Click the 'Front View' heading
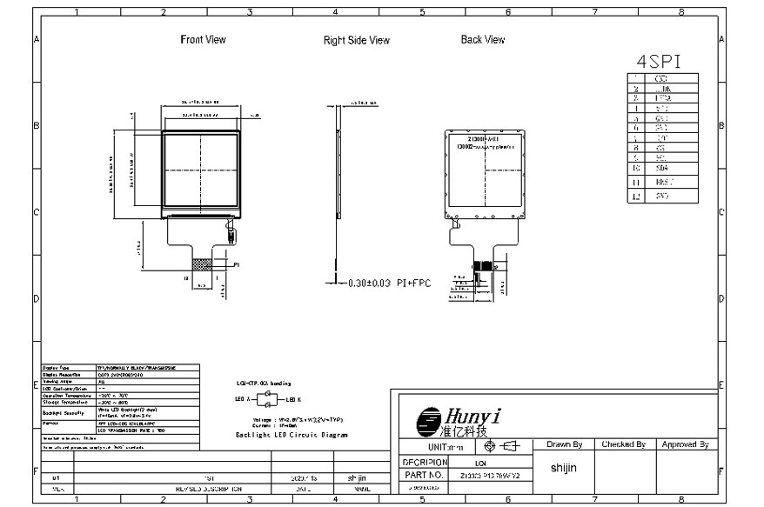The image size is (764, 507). coord(203,39)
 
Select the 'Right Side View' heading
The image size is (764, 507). coord(357,40)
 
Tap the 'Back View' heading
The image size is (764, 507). coord(483,39)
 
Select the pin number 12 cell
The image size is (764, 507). coord(637,197)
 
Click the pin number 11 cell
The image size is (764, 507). coord(637,183)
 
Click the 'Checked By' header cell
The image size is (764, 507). coord(623,444)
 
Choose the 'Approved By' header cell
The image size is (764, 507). coord(685,444)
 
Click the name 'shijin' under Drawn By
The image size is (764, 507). coord(564,468)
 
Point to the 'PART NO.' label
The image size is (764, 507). coord(425,476)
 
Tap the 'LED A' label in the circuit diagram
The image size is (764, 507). coord(244,399)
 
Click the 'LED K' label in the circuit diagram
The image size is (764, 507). coord(292,399)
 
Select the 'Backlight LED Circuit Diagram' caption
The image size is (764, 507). coord(292,433)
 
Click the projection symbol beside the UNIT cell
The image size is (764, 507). coord(500,446)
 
